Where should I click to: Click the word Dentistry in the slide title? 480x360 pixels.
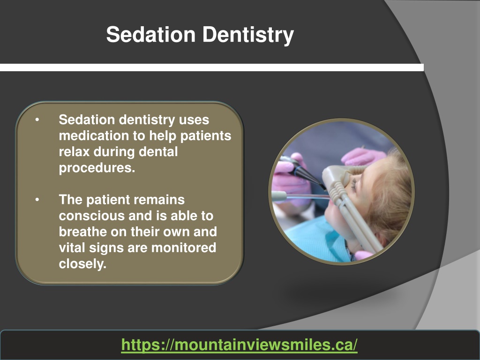[248, 35]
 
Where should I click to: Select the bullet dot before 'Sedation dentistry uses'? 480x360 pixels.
[37, 120]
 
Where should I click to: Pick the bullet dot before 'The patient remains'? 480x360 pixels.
[37, 200]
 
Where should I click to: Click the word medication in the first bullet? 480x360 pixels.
[93, 135]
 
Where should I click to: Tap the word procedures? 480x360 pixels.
[97, 168]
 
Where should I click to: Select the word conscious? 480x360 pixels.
[91, 216]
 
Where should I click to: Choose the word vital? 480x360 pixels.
[72, 247]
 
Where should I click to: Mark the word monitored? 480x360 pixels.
[184, 247]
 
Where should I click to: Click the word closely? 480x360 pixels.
[82, 264]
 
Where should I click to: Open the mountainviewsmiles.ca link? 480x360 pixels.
[240, 345]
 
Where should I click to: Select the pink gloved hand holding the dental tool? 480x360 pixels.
[289, 180]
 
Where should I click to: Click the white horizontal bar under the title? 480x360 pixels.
[212, 67]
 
